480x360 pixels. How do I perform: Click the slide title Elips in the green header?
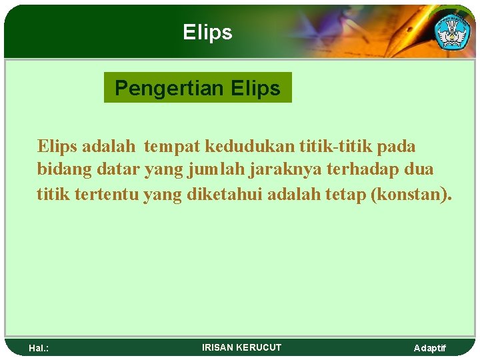coord(207,32)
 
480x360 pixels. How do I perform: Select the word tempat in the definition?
coord(172,146)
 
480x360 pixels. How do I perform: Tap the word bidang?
coord(64,170)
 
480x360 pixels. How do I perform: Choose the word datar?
coord(118,170)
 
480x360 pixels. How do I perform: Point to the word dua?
coord(418,170)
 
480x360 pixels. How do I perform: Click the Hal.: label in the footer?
coord(39,348)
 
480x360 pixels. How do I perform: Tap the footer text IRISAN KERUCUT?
coord(241,347)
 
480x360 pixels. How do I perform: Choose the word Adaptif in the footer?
coord(430,348)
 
